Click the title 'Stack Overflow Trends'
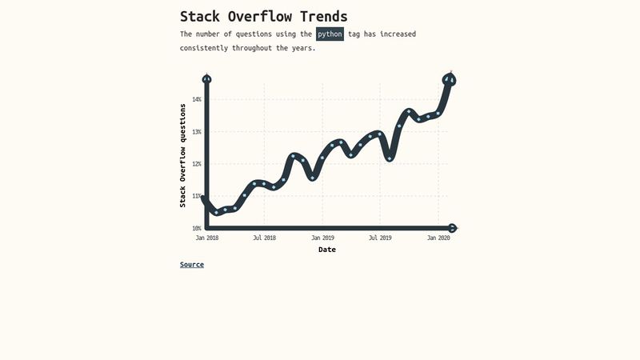click(x=263, y=17)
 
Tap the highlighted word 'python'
click(x=330, y=34)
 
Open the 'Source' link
click(x=192, y=265)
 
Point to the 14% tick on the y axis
click(x=197, y=99)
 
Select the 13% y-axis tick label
click(x=197, y=131)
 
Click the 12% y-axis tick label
click(x=197, y=164)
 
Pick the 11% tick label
click(x=197, y=196)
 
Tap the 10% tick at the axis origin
click(x=197, y=229)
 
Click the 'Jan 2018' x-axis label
click(x=207, y=238)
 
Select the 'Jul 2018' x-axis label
click(x=264, y=238)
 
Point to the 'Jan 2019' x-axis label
click(x=322, y=238)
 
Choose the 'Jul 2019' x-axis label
click(x=380, y=238)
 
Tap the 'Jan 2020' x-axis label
click(x=438, y=238)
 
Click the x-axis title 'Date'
click(x=327, y=250)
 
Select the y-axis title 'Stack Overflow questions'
click(x=182, y=155)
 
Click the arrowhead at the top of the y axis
click(x=207, y=78)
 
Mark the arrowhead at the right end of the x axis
click(x=453, y=228)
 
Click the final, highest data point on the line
click(x=449, y=79)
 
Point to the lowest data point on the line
click(x=216, y=212)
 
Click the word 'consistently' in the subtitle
click(x=204, y=48)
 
